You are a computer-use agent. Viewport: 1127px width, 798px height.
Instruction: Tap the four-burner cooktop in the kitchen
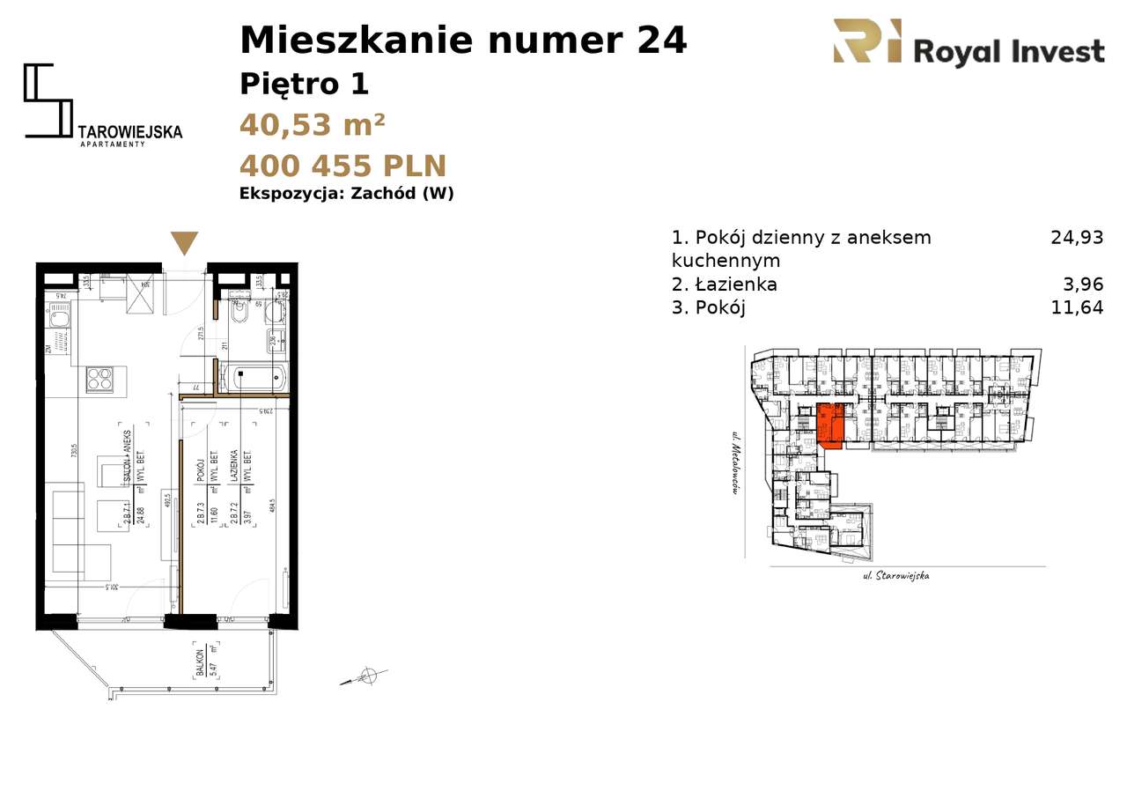99,379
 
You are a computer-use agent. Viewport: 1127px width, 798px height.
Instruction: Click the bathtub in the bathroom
254,379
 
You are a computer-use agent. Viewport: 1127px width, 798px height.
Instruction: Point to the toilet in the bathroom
239,312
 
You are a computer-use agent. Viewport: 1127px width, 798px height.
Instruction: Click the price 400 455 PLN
343,166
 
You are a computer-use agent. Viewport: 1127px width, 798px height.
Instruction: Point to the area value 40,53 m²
312,125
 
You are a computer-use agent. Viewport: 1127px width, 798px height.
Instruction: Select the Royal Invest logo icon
867,42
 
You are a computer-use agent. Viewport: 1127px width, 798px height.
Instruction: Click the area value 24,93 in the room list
1076,237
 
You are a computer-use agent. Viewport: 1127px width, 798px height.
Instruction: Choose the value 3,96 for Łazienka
1082,284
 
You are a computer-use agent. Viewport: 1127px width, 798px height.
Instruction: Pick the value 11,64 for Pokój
1076,307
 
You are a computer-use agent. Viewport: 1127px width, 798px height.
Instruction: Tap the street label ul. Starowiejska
896,576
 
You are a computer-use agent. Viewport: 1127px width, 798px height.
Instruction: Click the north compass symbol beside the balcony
368,676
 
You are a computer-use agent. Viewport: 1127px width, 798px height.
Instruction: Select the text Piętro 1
304,85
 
